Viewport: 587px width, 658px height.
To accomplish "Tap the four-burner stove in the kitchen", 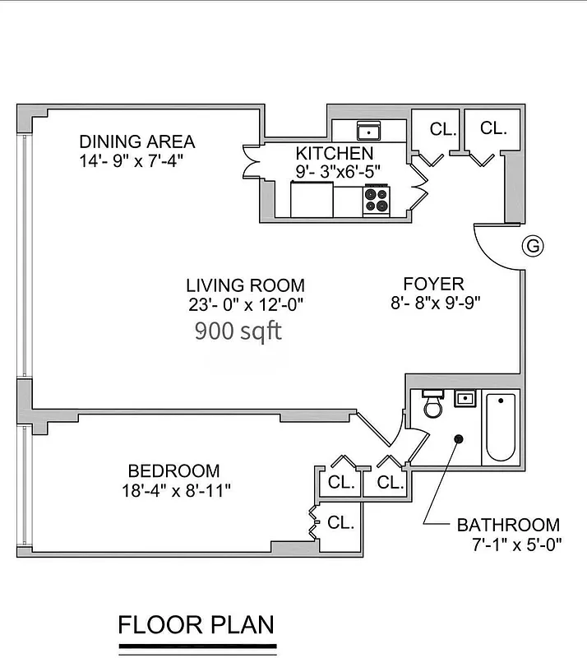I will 377,200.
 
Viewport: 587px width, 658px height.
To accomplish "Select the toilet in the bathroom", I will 432,406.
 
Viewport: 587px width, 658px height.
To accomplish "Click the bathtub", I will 500,427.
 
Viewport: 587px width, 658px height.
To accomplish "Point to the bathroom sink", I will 466,401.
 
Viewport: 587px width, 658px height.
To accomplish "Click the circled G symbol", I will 534,245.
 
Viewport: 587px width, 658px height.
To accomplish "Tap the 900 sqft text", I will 238,331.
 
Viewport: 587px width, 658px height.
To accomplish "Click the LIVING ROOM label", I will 245,285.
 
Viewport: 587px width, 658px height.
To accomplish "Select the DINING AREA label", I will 136,141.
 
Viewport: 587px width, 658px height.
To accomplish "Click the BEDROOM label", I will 173,471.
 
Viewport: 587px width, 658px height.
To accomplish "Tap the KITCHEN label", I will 335,153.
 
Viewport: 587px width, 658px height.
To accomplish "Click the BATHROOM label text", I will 508,525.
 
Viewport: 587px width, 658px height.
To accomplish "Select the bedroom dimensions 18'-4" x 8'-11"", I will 173,491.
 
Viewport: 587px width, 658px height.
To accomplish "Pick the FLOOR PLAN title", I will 196,624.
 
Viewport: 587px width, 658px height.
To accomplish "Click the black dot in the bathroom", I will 459,439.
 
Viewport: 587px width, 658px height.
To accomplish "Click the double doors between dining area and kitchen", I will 251,160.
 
